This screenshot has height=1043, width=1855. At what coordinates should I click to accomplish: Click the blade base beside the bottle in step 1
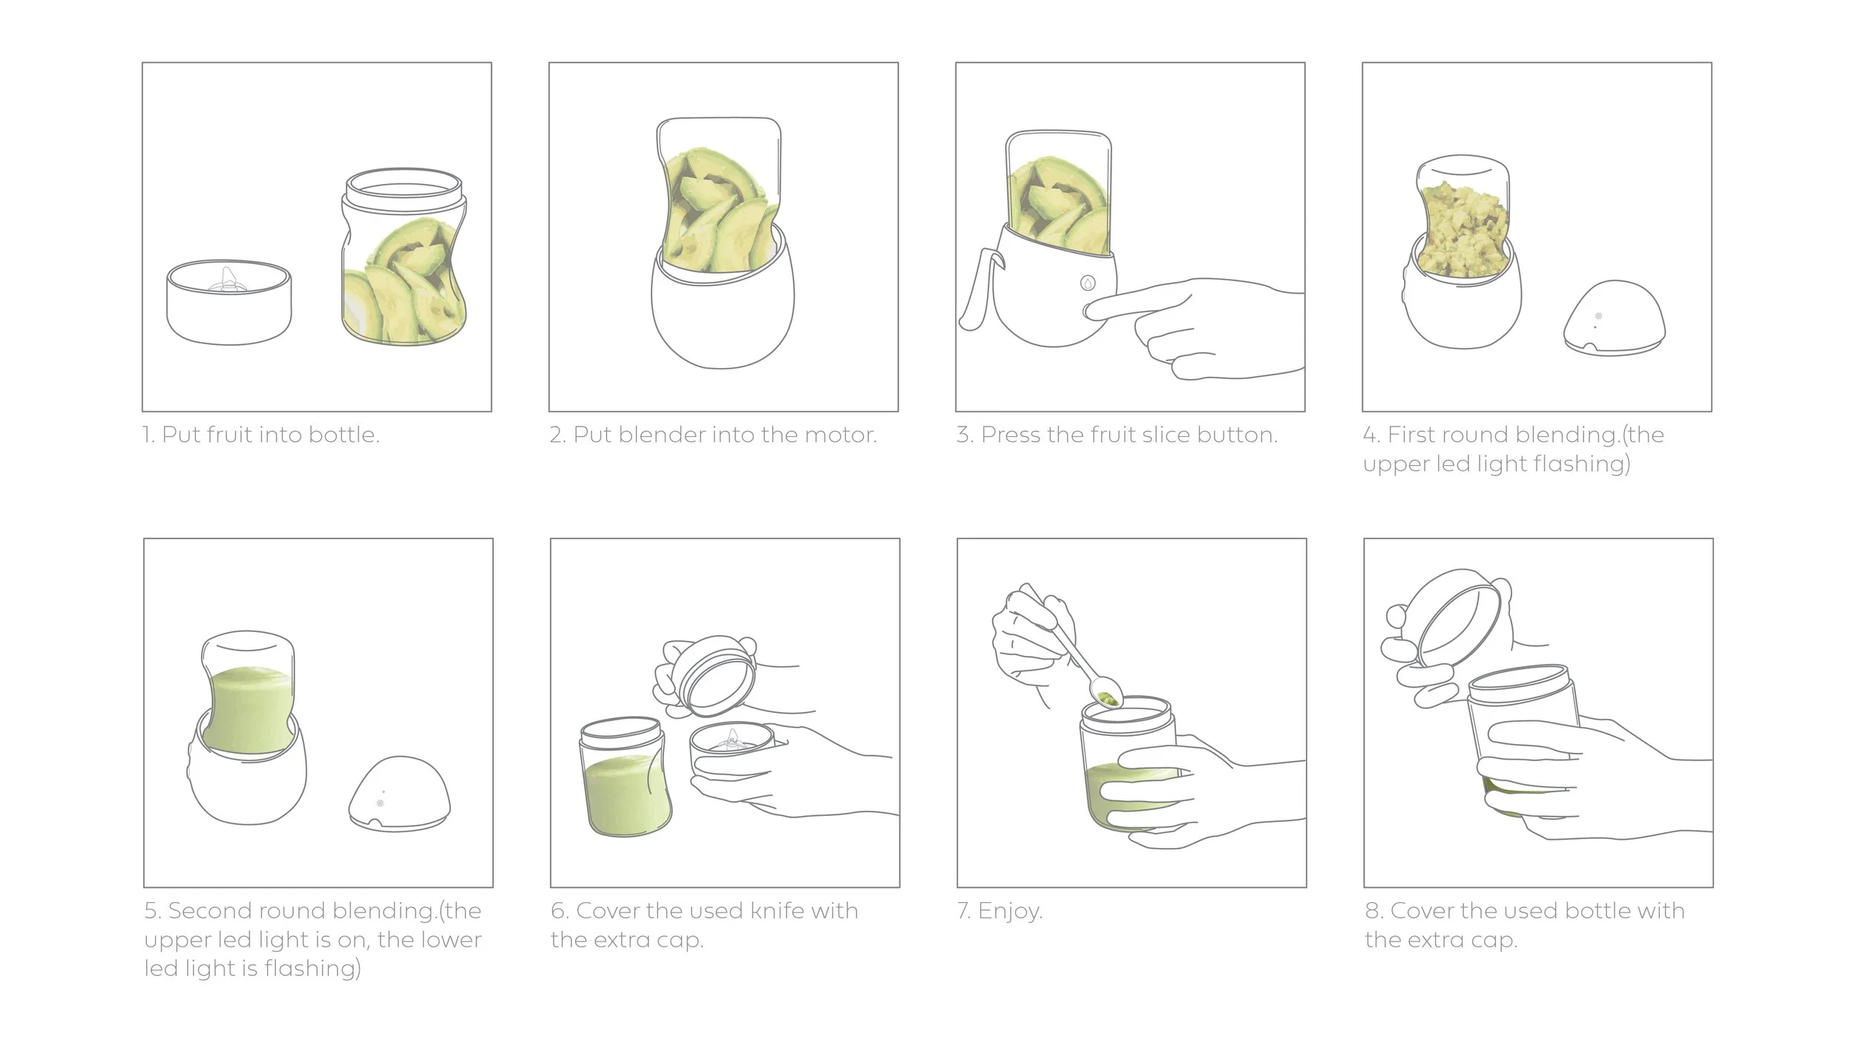tap(229, 302)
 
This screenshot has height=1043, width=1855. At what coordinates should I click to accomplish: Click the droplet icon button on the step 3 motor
tap(1087, 283)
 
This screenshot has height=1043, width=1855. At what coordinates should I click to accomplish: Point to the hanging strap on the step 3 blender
tap(980, 289)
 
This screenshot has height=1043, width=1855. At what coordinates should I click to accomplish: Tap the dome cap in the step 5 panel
tap(400, 794)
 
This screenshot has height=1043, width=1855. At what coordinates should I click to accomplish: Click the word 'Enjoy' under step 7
tap(1008, 911)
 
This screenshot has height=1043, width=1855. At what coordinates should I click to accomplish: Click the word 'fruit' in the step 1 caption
tap(229, 435)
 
